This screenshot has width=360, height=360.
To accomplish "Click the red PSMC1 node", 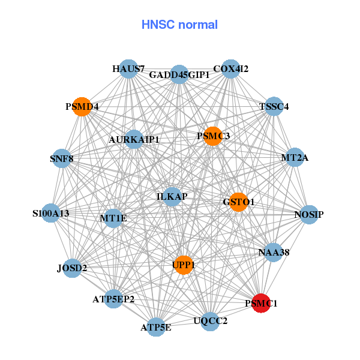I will (261, 304).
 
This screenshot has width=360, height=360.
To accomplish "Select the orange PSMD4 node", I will (81, 107).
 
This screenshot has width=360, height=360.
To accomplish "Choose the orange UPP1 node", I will (183, 265).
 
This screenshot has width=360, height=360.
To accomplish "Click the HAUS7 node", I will (128, 69).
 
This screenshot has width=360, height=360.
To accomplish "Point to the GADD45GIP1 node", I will (179, 75).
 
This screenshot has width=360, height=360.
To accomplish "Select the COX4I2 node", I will (231, 69).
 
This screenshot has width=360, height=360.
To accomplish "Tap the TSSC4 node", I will (274, 107).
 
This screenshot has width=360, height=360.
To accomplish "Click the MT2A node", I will (295, 158).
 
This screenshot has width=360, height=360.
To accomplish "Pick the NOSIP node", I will (308, 214).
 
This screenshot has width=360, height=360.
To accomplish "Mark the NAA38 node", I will (274, 253).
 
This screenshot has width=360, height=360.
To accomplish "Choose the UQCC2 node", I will (211, 320).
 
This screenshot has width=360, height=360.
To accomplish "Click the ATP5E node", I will (156, 327).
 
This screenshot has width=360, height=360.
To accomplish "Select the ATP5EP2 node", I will (113, 298).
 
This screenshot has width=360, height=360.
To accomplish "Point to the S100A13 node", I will (51, 213).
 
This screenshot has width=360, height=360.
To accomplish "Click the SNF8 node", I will (61, 159).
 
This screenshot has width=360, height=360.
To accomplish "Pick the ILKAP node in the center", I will (173, 197).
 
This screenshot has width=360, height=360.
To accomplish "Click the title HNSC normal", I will (179, 25).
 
